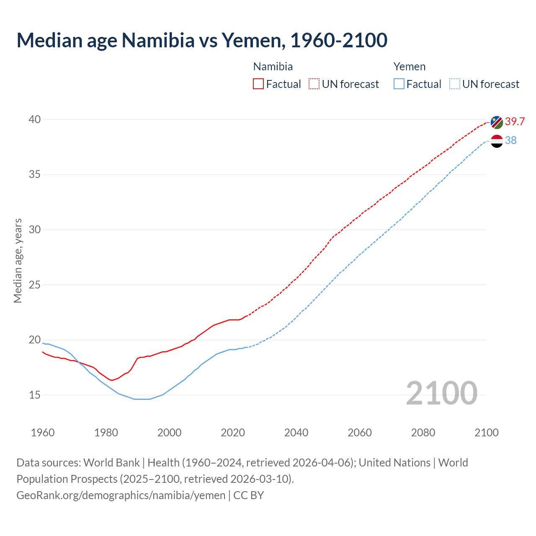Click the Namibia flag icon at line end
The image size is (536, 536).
(x=497, y=123)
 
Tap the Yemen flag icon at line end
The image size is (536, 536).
(x=497, y=141)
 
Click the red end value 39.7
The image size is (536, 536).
(x=515, y=121)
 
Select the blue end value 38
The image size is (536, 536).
(x=510, y=140)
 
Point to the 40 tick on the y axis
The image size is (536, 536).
(x=34, y=119)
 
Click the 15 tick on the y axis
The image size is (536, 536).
(x=34, y=395)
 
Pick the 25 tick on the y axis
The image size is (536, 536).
(x=34, y=285)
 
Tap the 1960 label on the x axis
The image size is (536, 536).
(x=43, y=433)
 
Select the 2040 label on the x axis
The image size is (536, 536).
(x=296, y=433)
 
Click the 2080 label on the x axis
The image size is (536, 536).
(x=423, y=433)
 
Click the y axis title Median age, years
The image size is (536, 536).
(x=18, y=260)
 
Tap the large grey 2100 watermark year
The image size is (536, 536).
(x=441, y=393)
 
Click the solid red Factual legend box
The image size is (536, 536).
(x=258, y=84)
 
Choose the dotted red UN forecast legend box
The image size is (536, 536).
(x=314, y=84)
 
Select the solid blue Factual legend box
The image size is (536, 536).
(x=399, y=84)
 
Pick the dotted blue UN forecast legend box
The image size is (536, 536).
(x=455, y=84)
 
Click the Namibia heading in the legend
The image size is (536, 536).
(x=273, y=67)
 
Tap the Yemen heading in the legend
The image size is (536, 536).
(x=410, y=67)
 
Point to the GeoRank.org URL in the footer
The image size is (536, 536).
(x=121, y=495)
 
